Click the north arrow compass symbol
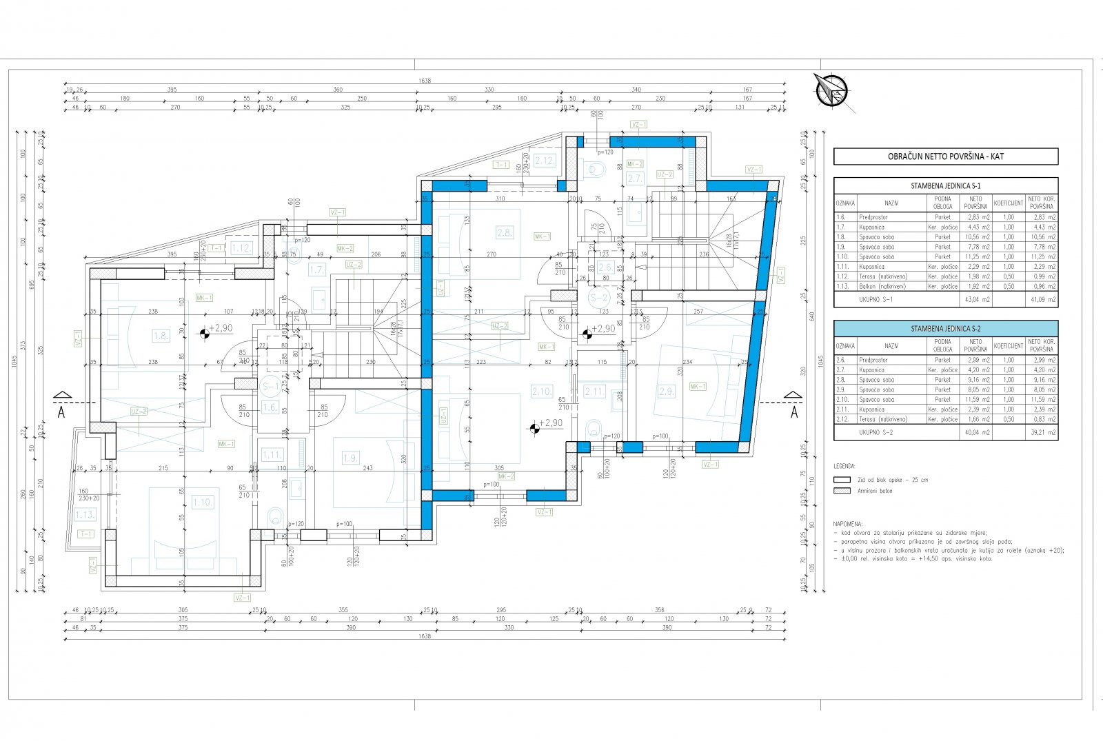click(831, 90)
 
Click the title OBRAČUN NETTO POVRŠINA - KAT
click(945, 156)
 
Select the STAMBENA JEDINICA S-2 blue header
click(945, 328)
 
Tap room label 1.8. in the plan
click(161, 336)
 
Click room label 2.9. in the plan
click(666, 392)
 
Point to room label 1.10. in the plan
click(203, 503)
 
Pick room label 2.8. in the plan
click(504, 233)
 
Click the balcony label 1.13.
click(85, 514)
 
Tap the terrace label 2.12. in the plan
click(544, 161)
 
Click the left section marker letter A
click(62, 413)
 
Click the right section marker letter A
click(793, 413)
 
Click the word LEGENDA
click(844, 466)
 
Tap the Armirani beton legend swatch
click(842, 491)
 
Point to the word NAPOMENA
click(847, 524)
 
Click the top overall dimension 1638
click(424, 81)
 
